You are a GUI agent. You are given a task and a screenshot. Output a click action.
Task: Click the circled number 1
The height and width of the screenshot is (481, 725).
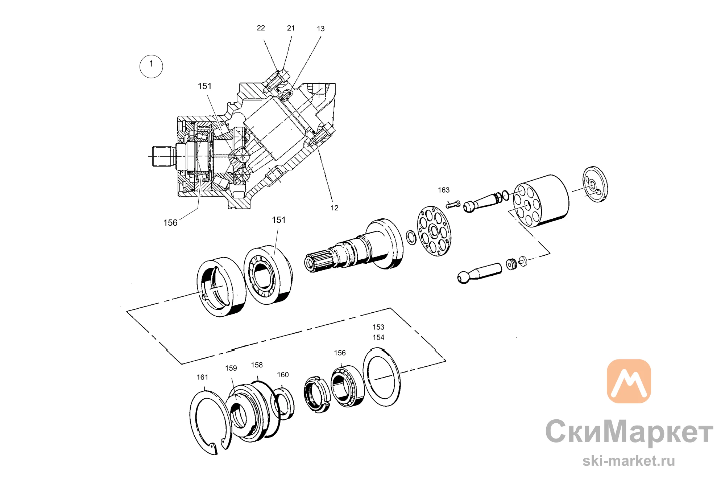pos(151,66)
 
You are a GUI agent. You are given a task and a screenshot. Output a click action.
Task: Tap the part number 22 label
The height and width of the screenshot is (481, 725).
pos(261,28)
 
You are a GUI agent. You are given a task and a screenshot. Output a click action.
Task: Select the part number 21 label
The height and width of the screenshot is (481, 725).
pos(291,28)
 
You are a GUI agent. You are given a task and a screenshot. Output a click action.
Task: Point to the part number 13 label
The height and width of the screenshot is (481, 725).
pos(321,29)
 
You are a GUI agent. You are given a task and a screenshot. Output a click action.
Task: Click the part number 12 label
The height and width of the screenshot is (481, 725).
pos(335,208)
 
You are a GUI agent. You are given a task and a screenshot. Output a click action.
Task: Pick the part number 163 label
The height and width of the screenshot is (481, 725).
pos(444,190)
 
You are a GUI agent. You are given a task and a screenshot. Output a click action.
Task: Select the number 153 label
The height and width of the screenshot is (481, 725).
pos(378,327)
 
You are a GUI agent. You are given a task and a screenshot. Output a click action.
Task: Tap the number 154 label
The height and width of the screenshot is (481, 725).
pos(378,337)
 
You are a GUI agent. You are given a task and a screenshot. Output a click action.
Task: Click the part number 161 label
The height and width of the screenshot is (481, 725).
pos(202,377)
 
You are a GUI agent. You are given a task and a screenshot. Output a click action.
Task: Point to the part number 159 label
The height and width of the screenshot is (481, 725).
pos(231,368)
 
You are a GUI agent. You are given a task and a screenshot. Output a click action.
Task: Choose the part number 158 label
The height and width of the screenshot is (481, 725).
pos(257,365)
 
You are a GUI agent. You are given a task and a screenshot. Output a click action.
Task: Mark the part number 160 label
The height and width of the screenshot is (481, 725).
pos(283,375)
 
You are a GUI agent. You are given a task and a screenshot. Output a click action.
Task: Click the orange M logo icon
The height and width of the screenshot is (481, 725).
pos(629,381)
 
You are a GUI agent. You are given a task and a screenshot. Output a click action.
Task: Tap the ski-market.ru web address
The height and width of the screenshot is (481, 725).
pos(629,461)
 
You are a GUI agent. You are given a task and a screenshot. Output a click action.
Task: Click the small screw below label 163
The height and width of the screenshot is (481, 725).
pos(453,205)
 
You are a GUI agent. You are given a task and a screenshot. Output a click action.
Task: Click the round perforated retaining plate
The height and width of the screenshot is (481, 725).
pos(434,231)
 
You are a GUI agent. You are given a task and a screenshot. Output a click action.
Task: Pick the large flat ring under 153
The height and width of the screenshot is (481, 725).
pos(365,377)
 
